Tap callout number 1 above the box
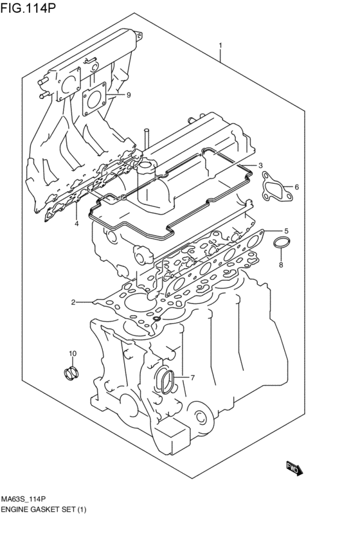[x=221, y=46]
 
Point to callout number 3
[x=76, y=224]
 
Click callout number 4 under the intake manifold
[x=286, y=231]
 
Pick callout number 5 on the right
[x=296, y=187]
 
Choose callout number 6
[x=192, y=377]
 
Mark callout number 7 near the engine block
[x=281, y=264]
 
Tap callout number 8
[x=129, y=96]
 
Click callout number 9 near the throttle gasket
[x=73, y=354]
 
